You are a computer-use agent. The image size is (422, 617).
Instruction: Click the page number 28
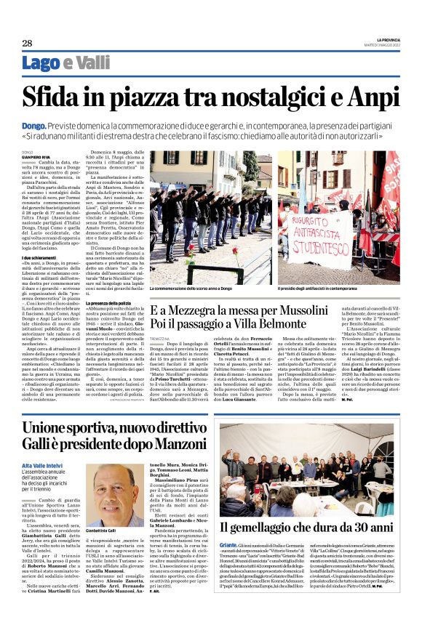27,43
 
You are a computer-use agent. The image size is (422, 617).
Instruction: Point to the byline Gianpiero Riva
36,156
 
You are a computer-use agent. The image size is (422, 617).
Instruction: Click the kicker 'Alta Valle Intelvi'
43,464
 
